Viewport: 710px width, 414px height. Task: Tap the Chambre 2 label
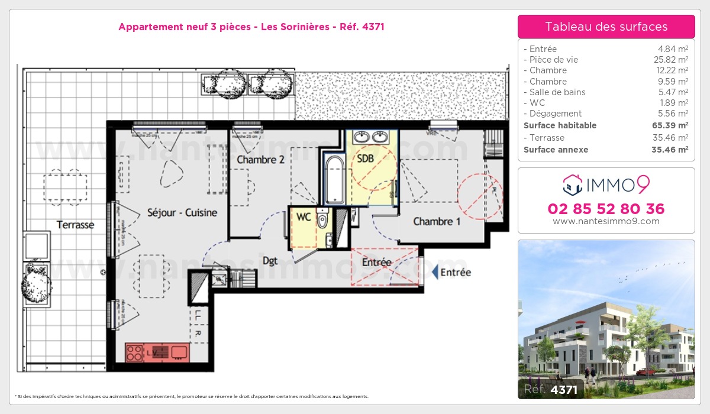pos(261,160)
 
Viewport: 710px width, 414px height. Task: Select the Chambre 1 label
pos(437,222)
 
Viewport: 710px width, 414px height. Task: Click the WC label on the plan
pos(304,217)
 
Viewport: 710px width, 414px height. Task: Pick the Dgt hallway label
pos(270,261)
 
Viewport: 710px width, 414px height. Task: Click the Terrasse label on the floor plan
pos(75,225)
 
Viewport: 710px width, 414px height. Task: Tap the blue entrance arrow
pos(435,272)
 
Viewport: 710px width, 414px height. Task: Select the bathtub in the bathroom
pos(334,179)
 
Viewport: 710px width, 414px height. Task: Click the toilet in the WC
pos(322,219)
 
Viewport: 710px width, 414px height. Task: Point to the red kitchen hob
pos(135,353)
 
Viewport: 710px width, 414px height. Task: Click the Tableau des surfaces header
pos(606,27)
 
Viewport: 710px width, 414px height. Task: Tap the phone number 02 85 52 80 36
pos(606,209)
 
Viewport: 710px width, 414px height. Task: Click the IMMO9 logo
pos(606,185)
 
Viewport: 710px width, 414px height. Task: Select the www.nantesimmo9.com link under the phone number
pos(606,221)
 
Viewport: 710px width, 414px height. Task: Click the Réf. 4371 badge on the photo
pos(551,389)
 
